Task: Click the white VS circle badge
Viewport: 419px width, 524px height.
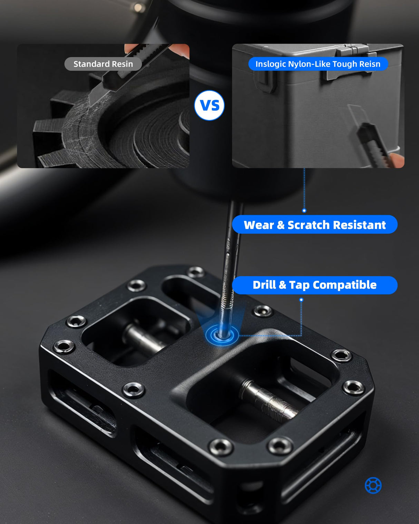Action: pos(209,105)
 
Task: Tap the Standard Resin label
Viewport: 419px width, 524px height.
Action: pos(103,64)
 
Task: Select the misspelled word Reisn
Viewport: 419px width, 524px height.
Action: pos(370,64)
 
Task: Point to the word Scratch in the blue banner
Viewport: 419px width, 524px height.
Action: pos(308,225)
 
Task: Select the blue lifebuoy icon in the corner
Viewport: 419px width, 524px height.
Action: pos(373,485)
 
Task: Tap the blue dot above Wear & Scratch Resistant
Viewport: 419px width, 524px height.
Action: pos(304,210)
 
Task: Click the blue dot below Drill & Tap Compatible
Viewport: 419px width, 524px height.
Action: pos(301,300)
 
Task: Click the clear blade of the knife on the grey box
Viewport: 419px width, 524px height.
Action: pos(356,114)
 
